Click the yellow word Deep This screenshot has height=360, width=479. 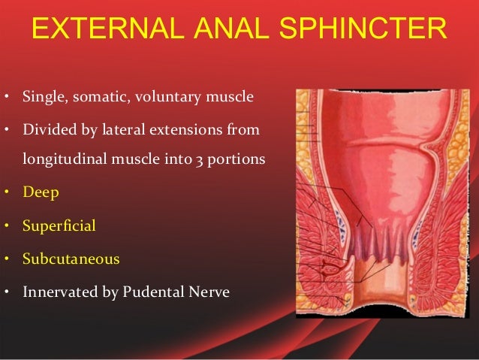click(x=41, y=192)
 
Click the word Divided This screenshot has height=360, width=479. click(x=47, y=131)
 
